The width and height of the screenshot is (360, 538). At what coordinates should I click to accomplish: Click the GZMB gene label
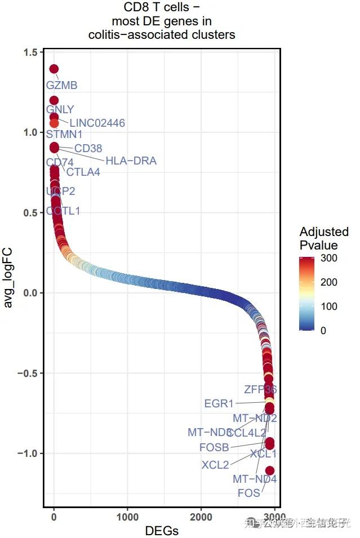point(61,86)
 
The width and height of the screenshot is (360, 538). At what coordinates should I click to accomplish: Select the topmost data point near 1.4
point(54,69)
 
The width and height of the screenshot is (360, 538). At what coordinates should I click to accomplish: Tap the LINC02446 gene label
point(97,123)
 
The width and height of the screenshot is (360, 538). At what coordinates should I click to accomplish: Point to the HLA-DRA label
point(131,161)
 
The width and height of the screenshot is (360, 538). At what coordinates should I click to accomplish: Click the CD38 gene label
point(88,149)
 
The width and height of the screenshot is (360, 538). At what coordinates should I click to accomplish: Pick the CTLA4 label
point(83,172)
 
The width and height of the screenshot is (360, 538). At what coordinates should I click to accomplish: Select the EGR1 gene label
point(219,404)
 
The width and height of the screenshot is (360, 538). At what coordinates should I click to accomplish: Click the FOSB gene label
point(214,448)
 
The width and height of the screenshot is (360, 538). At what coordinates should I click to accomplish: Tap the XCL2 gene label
point(215,465)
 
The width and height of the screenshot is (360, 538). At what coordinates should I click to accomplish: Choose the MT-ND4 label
point(255,479)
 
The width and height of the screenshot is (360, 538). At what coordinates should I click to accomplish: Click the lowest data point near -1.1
point(270,470)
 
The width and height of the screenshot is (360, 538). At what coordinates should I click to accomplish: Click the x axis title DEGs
point(162,531)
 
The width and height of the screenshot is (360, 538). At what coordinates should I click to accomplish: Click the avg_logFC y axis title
point(9,277)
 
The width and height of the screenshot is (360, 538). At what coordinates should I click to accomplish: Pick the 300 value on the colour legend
point(329,259)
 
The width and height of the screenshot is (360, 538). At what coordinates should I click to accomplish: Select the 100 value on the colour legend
point(329,306)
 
